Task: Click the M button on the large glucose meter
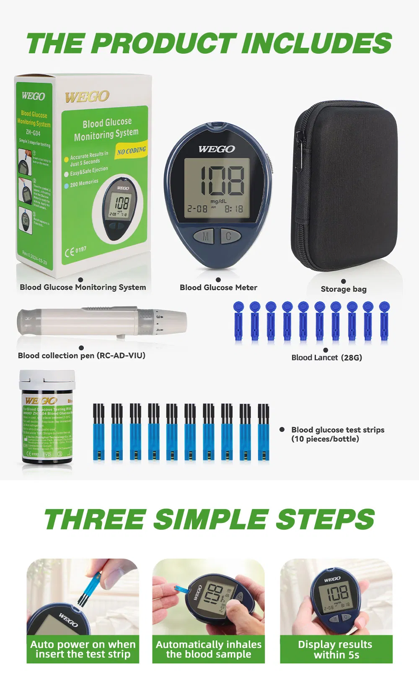coord(205,237)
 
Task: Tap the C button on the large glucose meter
coord(228,236)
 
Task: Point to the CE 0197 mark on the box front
coord(76,251)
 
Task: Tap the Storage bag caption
coord(344,289)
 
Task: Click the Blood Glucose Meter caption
coord(218,287)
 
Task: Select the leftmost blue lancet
coord(238,321)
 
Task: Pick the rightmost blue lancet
coord(384,321)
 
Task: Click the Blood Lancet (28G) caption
coord(326,357)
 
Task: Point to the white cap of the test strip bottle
coord(47,380)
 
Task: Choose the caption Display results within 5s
coord(336,649)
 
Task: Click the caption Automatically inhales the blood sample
coord(209,649)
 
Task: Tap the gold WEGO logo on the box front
coord(87,97)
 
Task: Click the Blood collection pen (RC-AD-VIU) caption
coord(82,356)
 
